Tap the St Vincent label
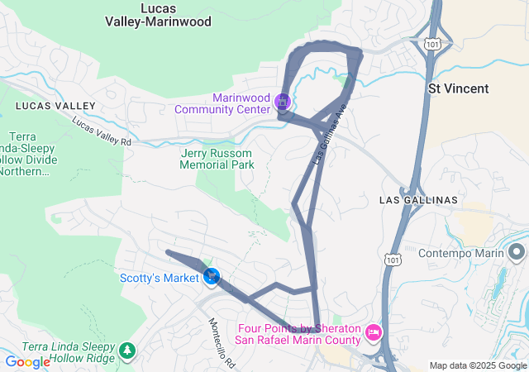[458, 88]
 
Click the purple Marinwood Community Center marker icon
[283, 103]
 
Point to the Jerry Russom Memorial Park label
[217, 158]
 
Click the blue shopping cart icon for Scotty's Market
[212, 276]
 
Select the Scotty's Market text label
[159, 278]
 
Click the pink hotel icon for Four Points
[373, 332]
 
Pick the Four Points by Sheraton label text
[298, 335]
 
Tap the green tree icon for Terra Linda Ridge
[126, 351]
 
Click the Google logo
[27, 362]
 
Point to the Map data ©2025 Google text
[478, 365]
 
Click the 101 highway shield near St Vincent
[433, 42]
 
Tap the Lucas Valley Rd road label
[102, 131]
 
